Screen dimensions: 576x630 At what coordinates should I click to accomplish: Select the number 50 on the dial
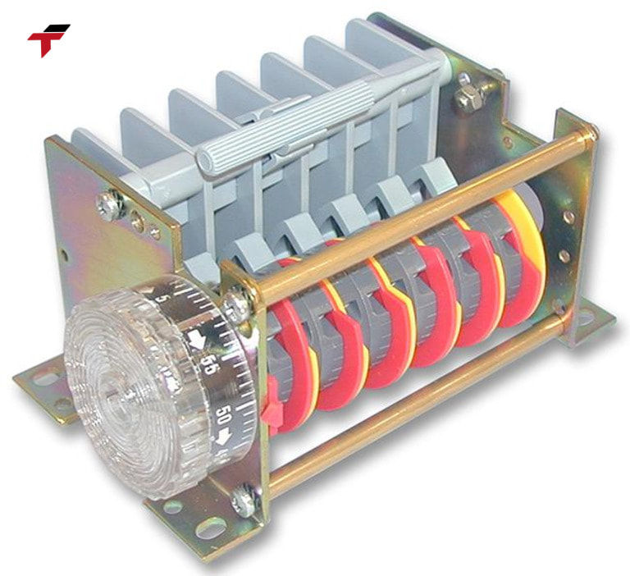221,415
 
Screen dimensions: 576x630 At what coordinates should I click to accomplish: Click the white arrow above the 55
199,339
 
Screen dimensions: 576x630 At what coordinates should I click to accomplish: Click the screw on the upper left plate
108,202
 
